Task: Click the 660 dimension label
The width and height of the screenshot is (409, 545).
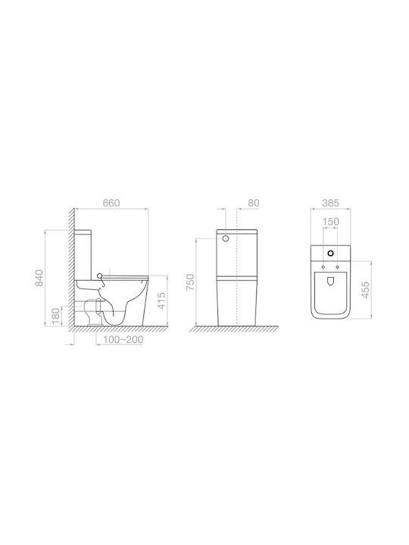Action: pos(111,203)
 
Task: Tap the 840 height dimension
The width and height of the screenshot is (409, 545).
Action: pos(40,278)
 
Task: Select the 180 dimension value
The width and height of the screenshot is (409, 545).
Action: pos(55,316)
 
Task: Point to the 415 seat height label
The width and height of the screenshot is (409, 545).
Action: pos(161,301)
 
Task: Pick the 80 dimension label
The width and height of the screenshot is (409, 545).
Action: pos(254,203)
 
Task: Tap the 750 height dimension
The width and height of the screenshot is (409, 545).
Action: pos(190,282)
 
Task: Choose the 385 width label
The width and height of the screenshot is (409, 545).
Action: pos(330,203)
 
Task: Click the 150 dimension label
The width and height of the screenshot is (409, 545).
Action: pos(330,221)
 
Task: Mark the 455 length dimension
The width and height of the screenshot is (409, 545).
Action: pos(365,289)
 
